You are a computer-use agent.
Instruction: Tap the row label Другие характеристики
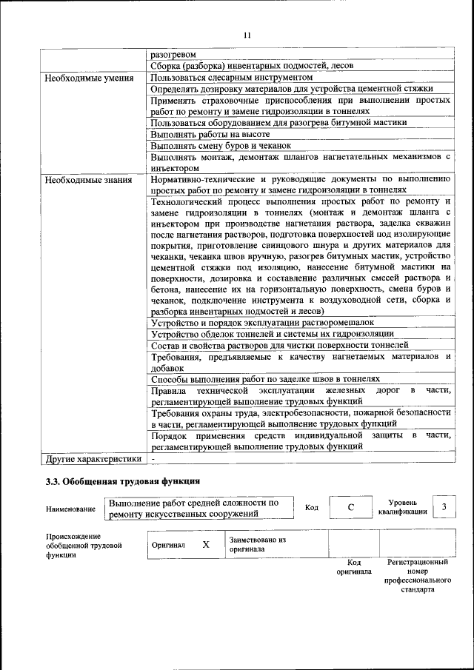tap(93, 458)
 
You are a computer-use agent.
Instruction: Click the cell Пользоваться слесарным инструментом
tap(227, 77)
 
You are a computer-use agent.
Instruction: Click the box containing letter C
tap(350, 507)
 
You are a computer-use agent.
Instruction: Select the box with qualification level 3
tap(443, 506)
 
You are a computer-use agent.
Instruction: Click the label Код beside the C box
tap(311, 508)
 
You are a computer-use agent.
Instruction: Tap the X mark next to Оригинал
tap(206, 544)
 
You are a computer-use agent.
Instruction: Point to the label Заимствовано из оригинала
tap(258, 544)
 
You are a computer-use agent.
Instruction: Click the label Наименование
tap(70, 509)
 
